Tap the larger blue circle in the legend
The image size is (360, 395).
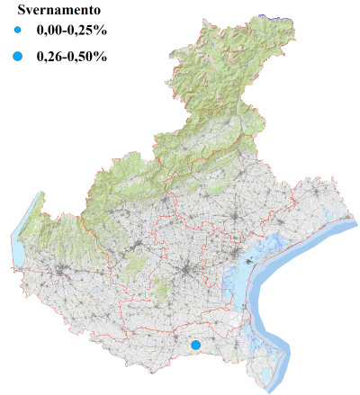(18, 57)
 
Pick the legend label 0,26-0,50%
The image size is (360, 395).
(71, 57)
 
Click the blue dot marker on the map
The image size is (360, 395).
(195, 345)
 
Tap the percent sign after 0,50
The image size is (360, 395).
(102, 57)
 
